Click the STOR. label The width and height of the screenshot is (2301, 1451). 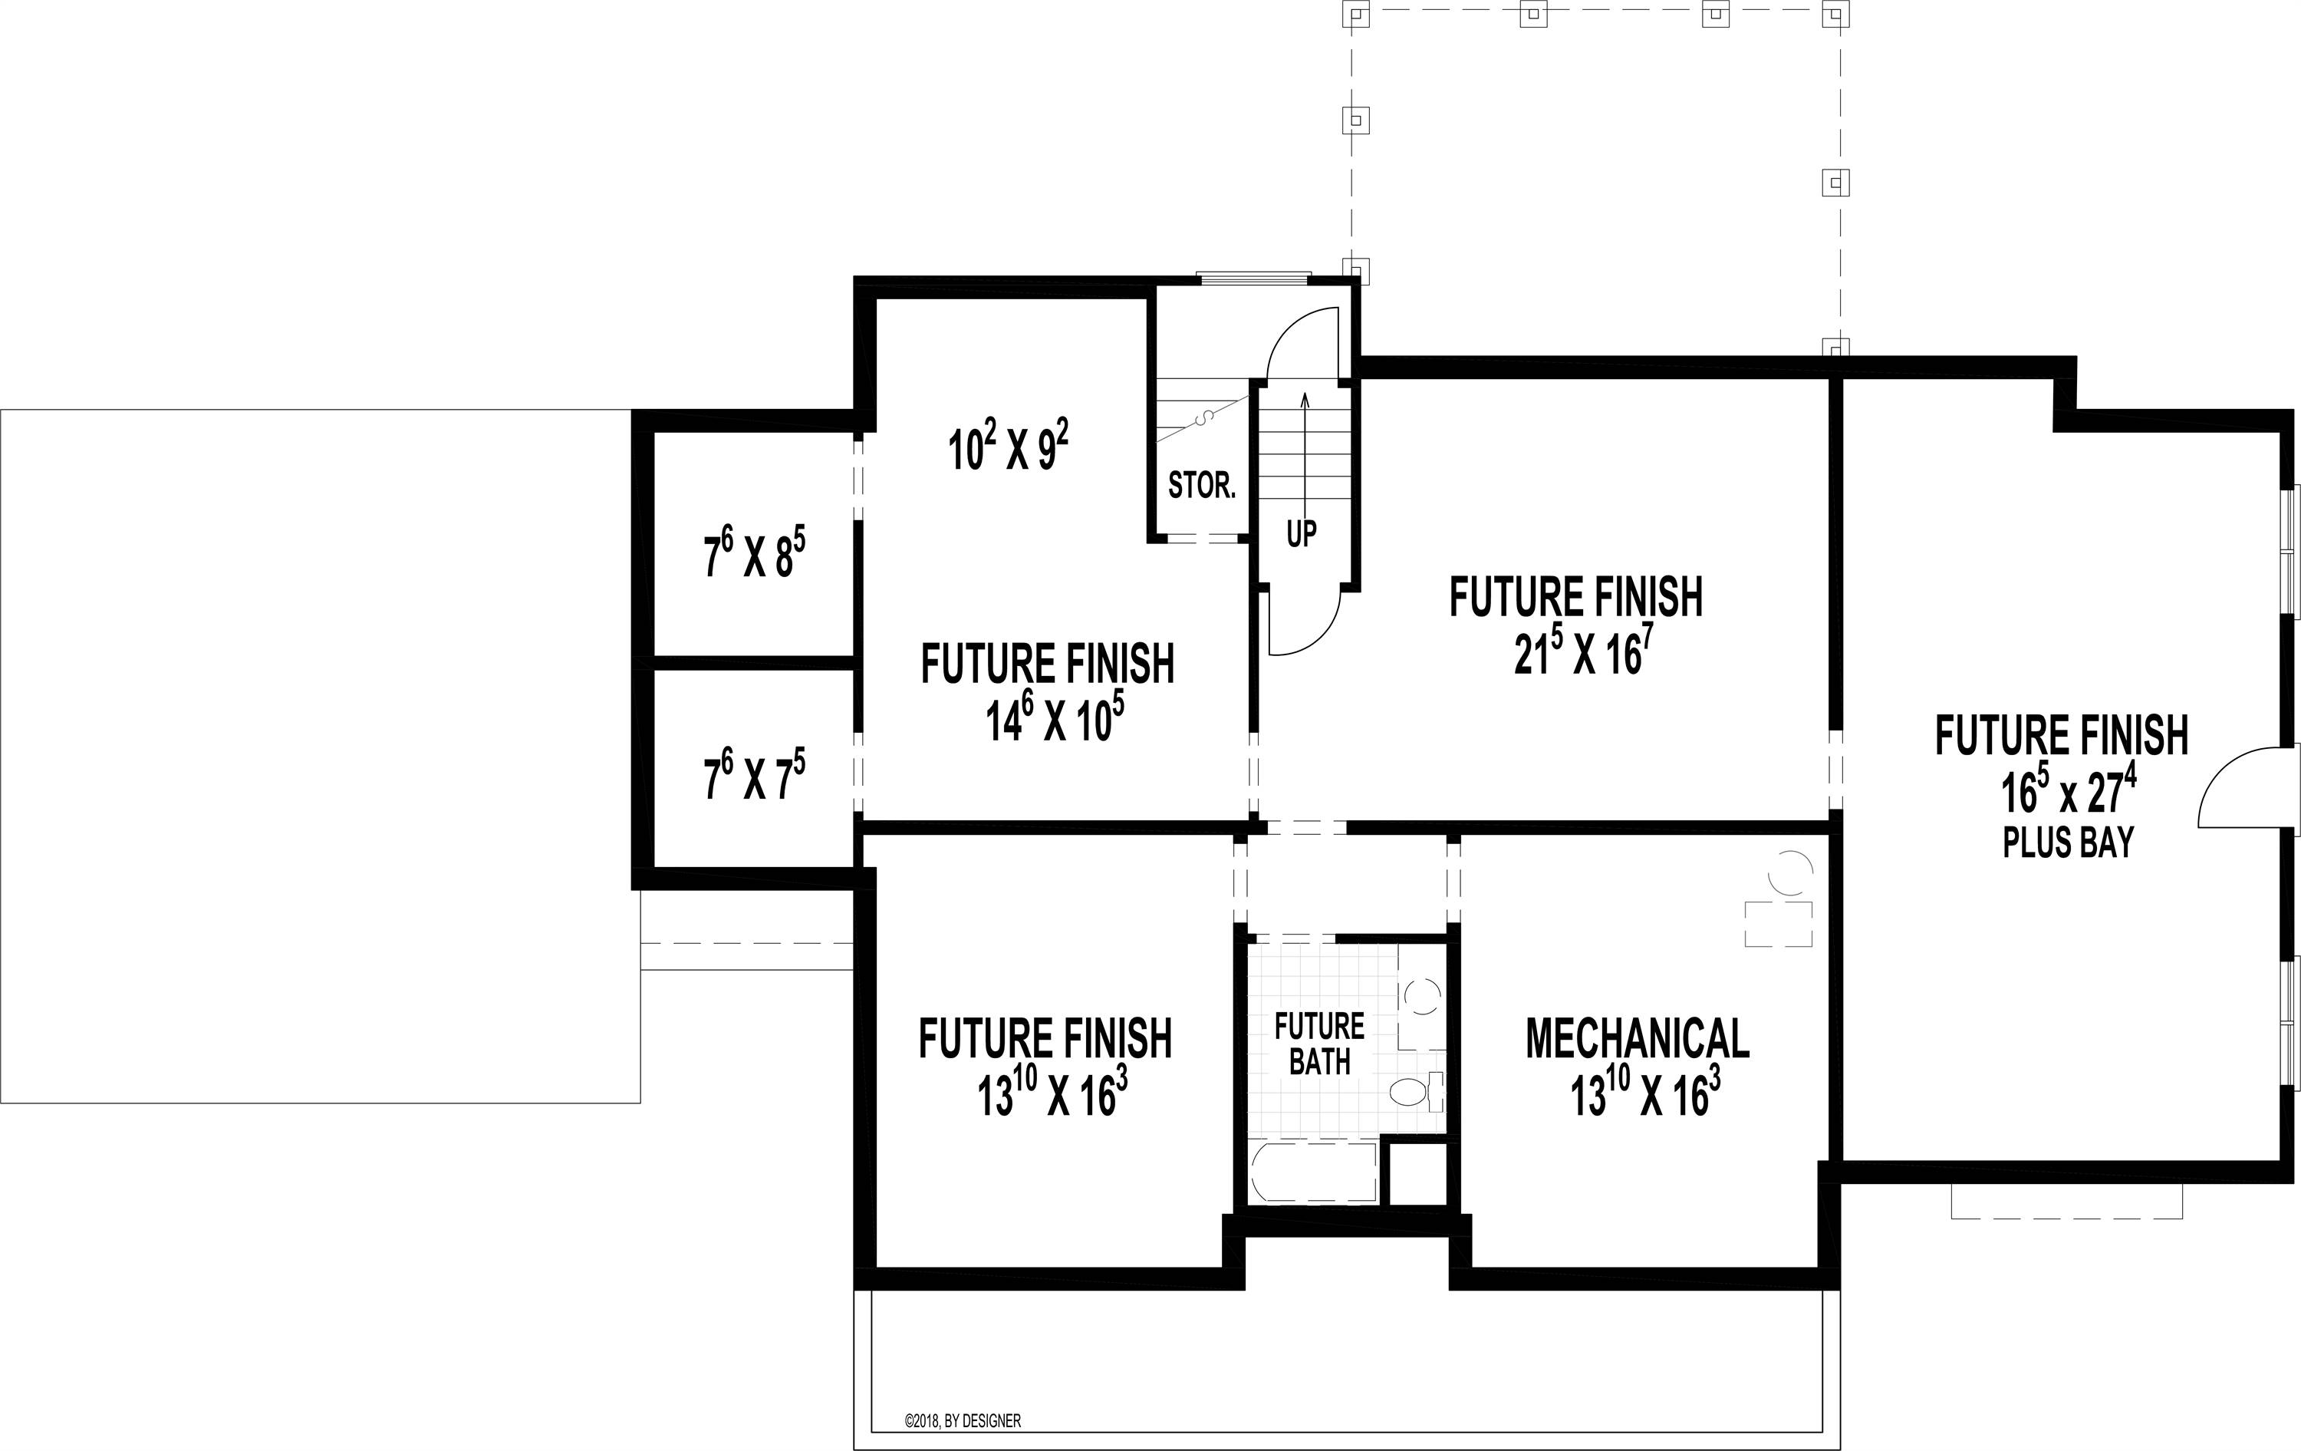tap(1202, 486)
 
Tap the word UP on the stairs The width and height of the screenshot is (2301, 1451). tap(1302, 533)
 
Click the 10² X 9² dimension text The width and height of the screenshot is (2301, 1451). tap(1008, 447)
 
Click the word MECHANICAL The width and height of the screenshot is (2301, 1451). tap(1637, 1038)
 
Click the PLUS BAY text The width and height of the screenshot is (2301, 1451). tap(2068, 842)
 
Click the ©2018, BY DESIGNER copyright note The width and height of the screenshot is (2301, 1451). tap(963, 1421)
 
